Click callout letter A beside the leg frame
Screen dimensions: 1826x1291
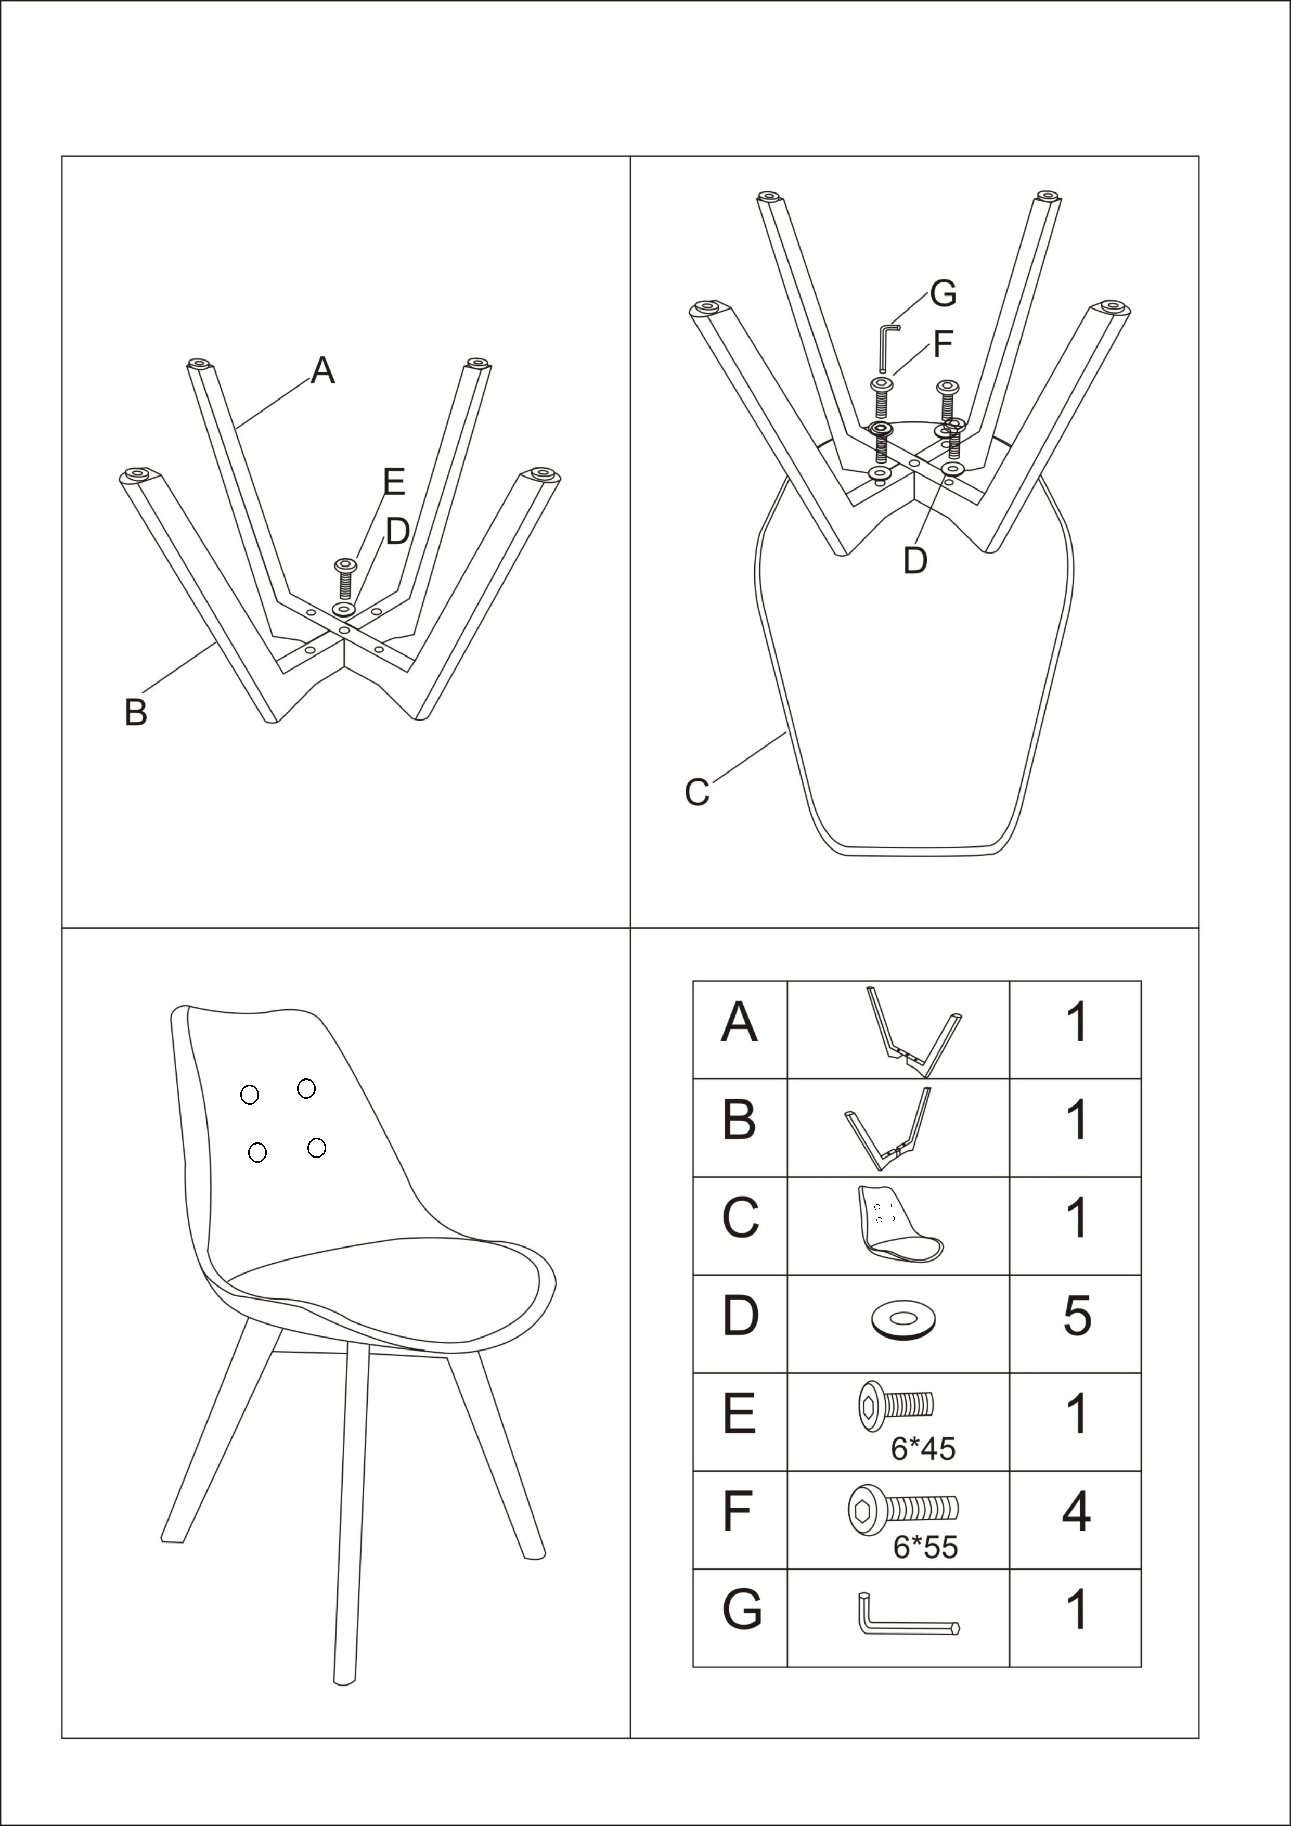coord(322,370)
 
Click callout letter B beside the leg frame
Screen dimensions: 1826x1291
coord(136,712)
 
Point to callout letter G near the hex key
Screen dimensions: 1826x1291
coord(943,294)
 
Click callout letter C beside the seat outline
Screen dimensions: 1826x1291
coord(696,793)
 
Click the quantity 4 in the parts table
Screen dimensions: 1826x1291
coord(1076,1512)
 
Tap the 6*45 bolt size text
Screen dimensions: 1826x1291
coord(922,1449)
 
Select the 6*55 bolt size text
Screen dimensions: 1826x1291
coord(925,1547)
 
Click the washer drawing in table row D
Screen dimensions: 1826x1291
coord(903,1319)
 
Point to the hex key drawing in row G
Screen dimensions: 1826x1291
coord(909,1614)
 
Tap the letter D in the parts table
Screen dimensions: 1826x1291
coord(740,1316)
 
